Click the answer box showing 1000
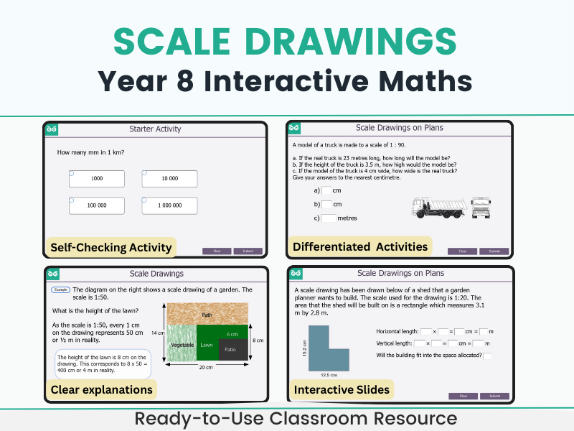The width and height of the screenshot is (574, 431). tap(97, 178)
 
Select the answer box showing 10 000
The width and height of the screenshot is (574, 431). tap(169, 178)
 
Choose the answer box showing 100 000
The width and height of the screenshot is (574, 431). tap(97, 205)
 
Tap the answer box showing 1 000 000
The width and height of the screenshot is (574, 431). tap(169, 205)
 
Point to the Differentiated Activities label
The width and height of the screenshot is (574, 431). tap(359, 246)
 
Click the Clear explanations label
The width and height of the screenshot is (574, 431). tap(101, 390)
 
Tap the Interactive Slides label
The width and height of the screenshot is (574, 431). tap(341, 390)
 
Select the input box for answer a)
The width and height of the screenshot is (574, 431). tap(326, 190)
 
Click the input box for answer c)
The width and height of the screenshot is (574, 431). tap(329, 218)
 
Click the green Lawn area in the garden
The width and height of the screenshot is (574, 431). tap(207, 345)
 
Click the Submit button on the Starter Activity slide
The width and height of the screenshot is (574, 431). tap(248, 251)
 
